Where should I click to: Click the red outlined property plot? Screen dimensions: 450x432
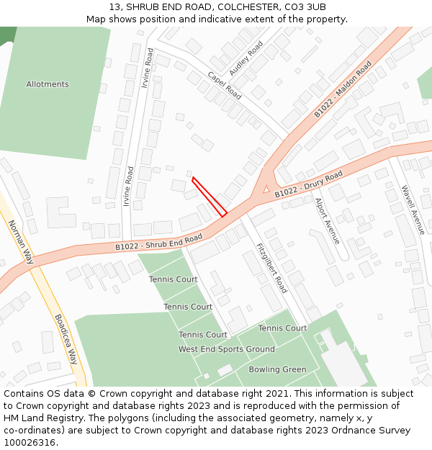[x=210, y=197]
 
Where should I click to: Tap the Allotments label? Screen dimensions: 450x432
[x=48, y=84]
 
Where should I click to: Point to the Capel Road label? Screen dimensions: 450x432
[x=224, y=85]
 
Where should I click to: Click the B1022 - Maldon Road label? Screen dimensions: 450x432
[x=343, y=89]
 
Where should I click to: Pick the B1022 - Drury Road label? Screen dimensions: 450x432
[x=309, y=184]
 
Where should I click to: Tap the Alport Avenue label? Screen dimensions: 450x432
[x=327, y=221]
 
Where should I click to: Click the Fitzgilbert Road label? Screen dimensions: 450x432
[x=271, y=268]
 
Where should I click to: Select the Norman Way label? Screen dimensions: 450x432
[x=19, y=242]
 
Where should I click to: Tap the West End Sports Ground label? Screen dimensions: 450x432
[x=227, y=349]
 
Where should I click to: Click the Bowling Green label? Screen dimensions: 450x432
[x=277, y=369]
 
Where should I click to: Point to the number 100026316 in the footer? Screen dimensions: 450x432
[x=30, y=443]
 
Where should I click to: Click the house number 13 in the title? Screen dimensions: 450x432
[x=115, y=6]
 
